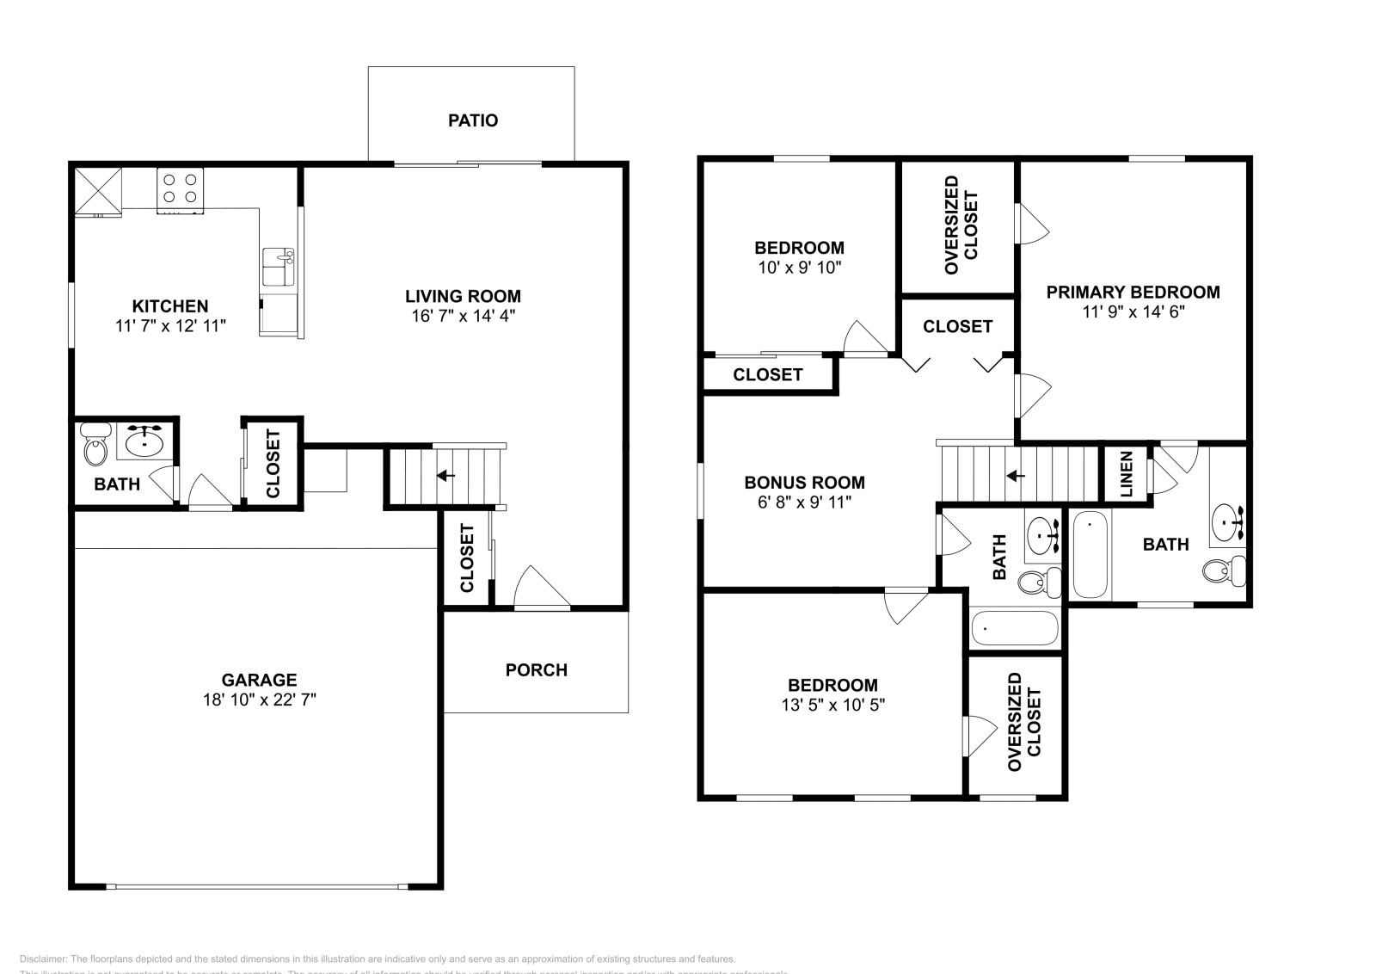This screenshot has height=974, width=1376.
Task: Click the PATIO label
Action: coord(472,120)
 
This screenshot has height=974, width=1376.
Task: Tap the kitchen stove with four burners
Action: coord(181,191)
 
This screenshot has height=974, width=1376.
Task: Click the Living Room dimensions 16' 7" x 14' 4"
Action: coord(463,316)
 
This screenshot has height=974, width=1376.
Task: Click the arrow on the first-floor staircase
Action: coord(445,475)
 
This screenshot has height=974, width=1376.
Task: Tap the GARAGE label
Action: coord(259,680)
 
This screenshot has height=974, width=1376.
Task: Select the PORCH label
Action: coord(536,669)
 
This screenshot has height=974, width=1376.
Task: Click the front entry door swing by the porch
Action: coord(540,589)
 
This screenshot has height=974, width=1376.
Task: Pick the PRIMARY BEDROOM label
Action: coord(1133,292)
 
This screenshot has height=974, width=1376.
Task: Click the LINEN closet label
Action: coord(1127,474)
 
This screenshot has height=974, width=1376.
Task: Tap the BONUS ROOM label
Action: coord(804,483)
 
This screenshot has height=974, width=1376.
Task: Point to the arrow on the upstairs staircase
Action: coord(1016,475)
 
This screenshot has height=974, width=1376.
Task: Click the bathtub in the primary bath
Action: coord(1090,554)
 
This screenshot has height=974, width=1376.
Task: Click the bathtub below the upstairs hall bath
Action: coord(1014,628)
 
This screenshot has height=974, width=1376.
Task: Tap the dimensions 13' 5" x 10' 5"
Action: coord(832,705)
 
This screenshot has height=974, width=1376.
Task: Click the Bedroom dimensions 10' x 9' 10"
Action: coord(799,267)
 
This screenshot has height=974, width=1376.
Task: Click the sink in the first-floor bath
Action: coord(144,443)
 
